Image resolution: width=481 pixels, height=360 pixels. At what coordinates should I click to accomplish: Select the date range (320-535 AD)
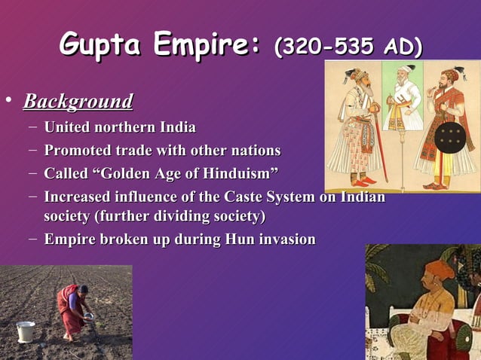tap(348, 47)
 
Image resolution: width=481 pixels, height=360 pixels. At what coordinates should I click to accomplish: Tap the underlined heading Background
tap(78, 101)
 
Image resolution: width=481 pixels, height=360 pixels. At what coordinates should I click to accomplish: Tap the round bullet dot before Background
tap(8, 101)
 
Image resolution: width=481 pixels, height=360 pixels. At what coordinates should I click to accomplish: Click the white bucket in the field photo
tap(26, 331)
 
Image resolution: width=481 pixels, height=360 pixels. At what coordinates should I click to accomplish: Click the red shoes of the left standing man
tap(363, 182)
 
